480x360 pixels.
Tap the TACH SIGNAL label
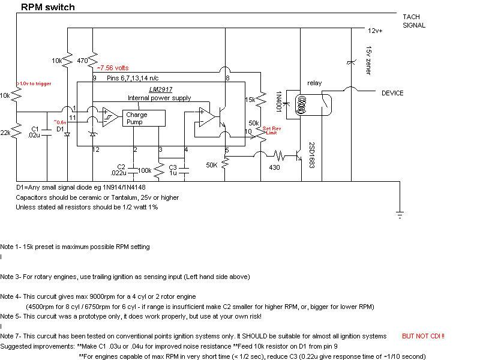click(x=414, y=21)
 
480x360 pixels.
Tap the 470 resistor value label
click(x=83, y=61)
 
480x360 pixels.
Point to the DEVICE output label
click(x=392, y=93)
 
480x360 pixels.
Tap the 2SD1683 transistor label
click(x=312, y=155)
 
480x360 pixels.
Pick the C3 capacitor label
click(x=173, y=167)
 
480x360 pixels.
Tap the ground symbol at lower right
click(x=400, y=215)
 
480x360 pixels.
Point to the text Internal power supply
click(x=159, y=98)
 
